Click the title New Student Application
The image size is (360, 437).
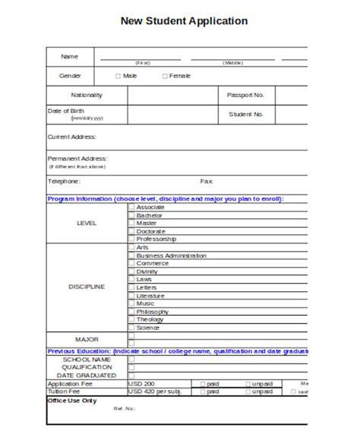click(184, 22)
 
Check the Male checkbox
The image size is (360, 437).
click(118, 76)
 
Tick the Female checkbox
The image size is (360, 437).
click(165, 76)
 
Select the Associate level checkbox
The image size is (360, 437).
click(131, 206)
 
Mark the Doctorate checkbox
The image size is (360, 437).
click(131, 231)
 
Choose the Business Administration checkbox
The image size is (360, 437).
click(131, 256)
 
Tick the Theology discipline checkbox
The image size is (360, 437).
click(131, 319)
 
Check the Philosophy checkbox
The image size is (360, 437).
click(131, 312)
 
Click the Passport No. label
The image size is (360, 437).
click(245, 96)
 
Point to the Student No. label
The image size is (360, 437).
click(245, 115)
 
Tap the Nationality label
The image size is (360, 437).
click(86, 96)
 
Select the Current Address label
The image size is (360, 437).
click(72, 137)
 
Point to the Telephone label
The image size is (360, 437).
click(65, 181)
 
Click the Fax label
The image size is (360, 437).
click(207, 181)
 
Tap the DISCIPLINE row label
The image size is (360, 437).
click(87, 288)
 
